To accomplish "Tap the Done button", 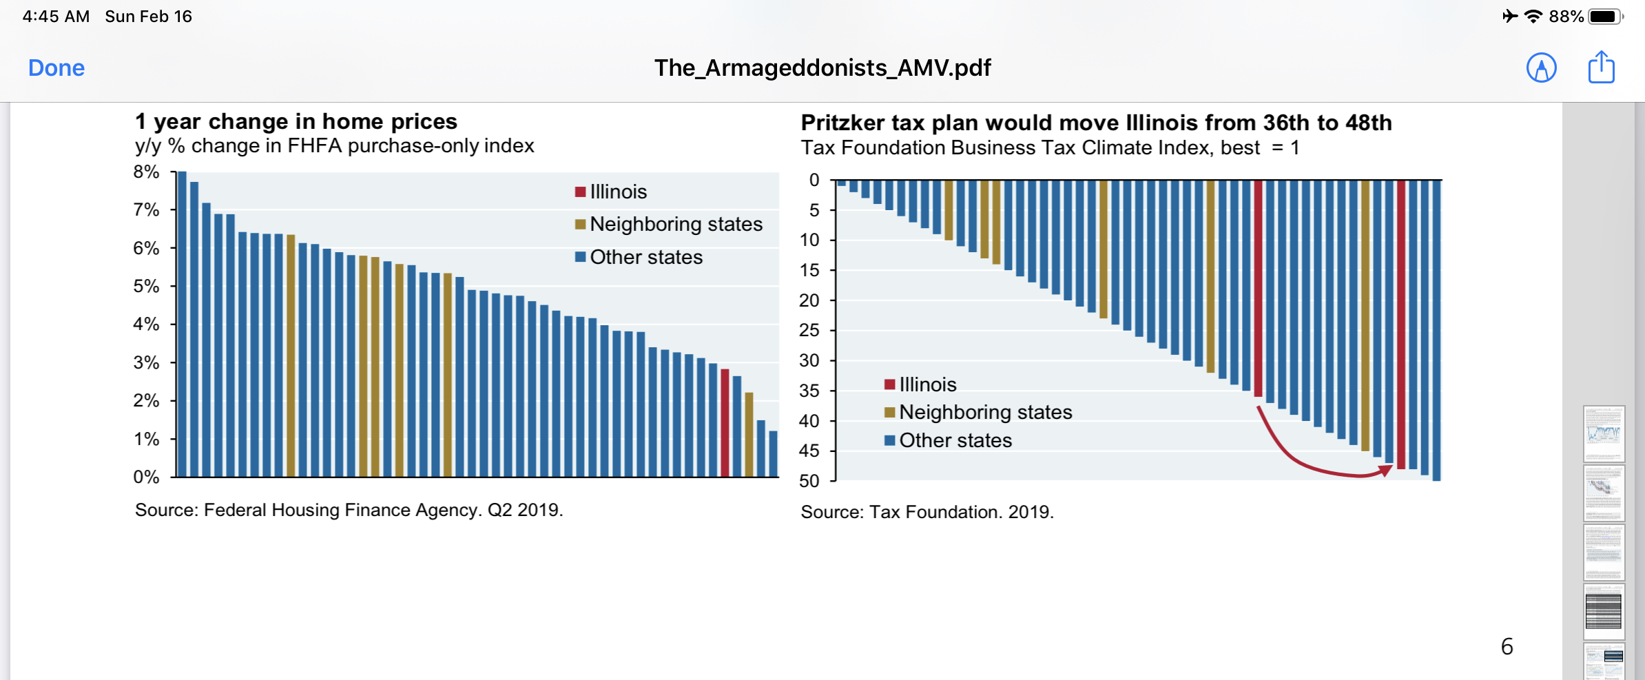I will point(56,68).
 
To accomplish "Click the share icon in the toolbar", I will point(1601,68).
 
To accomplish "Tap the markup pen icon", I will point(1541,68).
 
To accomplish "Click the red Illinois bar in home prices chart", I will point(725,422).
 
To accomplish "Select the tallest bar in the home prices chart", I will point(183,324).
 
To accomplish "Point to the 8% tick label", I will point(146,172).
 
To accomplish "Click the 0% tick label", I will point(146,477).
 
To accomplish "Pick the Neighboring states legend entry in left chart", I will point(675,225).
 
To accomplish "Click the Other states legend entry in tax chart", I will point(955,441).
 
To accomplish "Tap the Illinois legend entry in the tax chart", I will point(927,384).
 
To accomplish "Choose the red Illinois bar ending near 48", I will point(1401,324).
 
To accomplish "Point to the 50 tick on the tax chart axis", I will point(809,481).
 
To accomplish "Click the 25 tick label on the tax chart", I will point(809,331).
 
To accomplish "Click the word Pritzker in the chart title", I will point(842,123).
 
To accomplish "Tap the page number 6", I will point(1507,646).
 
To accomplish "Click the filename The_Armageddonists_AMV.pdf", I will point(822,68).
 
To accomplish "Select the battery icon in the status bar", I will point(1605,17).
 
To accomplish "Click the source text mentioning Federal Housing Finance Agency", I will point(349,511).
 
